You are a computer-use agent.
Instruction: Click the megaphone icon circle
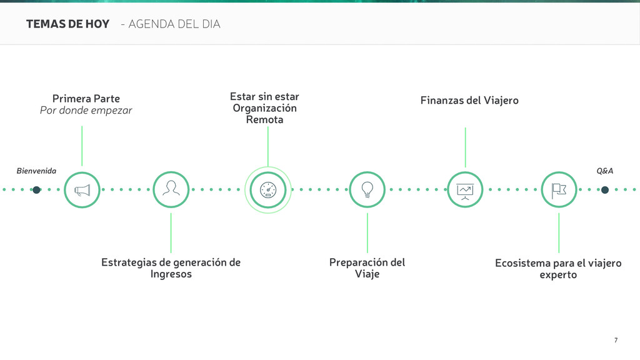tap(82, 189)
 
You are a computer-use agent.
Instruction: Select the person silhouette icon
tap(171, 189)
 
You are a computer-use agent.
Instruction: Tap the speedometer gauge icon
tap(267, 190)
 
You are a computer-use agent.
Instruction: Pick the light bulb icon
tap(367, 189)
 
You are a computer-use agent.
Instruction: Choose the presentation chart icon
tap(465, 189)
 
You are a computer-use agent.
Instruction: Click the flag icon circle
tap(559, 189)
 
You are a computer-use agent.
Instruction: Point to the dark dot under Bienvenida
tap(37, 190)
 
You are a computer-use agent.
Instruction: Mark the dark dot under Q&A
tap(604, 189)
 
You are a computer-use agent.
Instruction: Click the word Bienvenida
tap(36, 171)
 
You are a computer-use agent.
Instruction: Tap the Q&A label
tap(604, 171)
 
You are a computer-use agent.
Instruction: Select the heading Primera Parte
tap(86, 99)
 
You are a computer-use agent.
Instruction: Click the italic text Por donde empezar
tap(86, 111)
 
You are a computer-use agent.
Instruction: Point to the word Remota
tap(264, 119)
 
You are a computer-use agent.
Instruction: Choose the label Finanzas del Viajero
tap(469, 100)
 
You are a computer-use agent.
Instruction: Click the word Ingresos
tap(171, 274)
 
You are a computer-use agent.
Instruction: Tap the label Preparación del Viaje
tap(367, 268)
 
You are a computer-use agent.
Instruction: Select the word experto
tap(558, 275)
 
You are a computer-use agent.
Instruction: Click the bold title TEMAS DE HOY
tap(67, 24)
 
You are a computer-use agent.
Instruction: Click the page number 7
tap(616, 340)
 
